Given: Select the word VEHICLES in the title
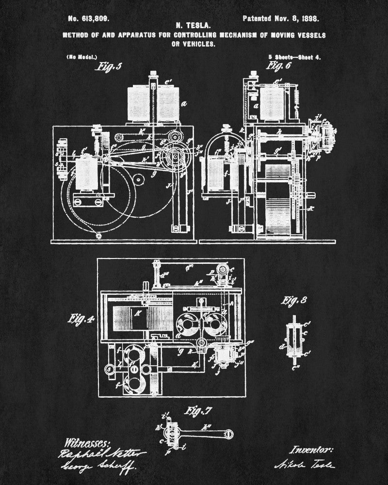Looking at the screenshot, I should (x=199, y=44).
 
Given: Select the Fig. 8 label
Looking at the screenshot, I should (x=294, y=300).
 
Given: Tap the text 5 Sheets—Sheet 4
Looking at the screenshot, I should (x=294, y=57).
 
